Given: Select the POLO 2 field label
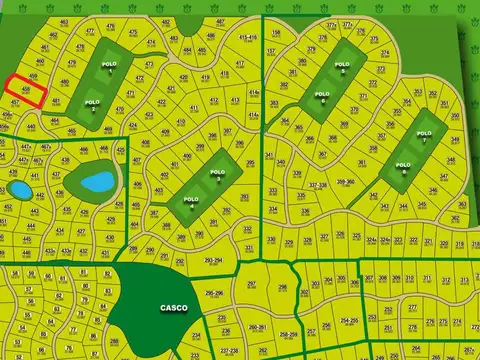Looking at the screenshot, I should pos(93,104).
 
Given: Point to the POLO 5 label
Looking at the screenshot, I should pos(341,72).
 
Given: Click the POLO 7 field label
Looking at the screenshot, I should pos(424,135).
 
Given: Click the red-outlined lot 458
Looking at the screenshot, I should pos(29,91).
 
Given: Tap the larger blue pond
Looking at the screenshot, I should pos(98,182).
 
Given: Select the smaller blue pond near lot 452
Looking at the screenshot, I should pos(19,189).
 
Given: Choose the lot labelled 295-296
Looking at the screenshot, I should pos(213,293).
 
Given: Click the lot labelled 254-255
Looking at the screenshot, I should pos(349,320).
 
